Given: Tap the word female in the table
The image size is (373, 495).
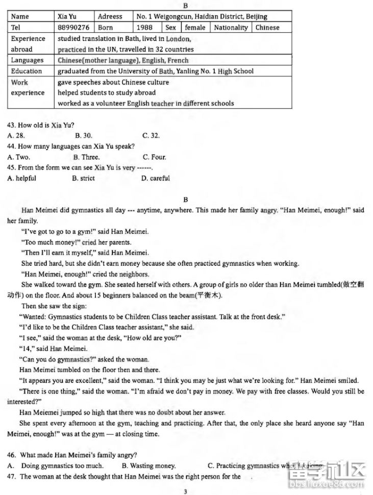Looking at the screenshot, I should [x=195, y=28].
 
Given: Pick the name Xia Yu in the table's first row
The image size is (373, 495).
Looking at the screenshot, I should [x=67, y=17].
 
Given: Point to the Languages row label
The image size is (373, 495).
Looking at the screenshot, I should [x=27, y=60].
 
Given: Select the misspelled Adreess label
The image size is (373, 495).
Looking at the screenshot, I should [x=110, y=17].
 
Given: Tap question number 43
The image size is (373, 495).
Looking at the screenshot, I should [x=12, y=125].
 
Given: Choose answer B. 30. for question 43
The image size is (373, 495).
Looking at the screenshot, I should [x=83, y=136].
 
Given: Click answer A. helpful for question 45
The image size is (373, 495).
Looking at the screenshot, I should [x=22, y=179].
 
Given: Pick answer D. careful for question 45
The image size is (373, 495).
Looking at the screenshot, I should [x=156, y=179].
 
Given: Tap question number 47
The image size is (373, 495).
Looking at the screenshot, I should [x=12, y=476].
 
